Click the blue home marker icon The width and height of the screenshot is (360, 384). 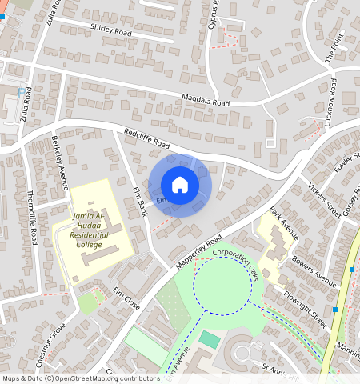tap(180, 185)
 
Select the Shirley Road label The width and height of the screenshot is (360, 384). tap(111, 31)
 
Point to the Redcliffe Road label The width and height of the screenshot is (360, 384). tap(147, 138)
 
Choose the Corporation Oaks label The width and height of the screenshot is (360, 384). tap(238, 262)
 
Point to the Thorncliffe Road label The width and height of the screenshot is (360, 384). tap(34, 216)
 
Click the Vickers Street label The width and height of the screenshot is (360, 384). tap(324, 195)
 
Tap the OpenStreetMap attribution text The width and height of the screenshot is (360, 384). tap(80, 378)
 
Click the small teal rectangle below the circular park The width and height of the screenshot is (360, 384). tap(209, 339)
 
